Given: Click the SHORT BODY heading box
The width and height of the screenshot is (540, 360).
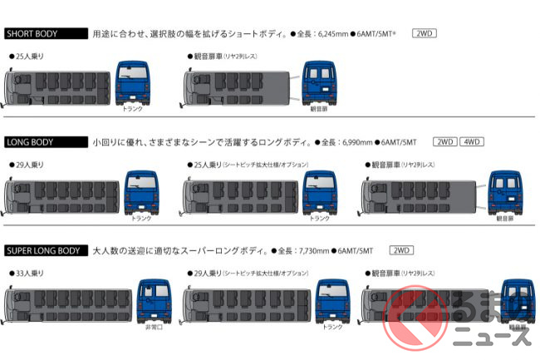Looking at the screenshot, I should click(46, 34).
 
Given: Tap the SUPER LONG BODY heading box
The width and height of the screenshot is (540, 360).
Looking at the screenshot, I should click(46, 250).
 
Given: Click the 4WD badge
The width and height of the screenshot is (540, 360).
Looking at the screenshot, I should click(472, 142).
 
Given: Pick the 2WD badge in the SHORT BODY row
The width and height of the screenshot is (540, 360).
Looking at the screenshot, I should click(424, 34).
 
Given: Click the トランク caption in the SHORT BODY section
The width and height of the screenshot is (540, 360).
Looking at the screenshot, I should click(132, 109).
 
